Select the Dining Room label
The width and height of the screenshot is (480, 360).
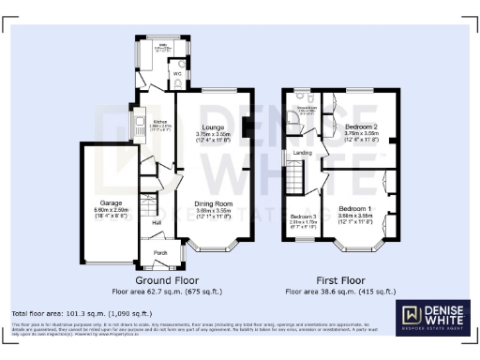pyautogui.click(x=213, y=203)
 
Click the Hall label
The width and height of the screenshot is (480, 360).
pyautogui.click(x=157, y=222)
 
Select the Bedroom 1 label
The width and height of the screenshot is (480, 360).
pyautogui.click(x=354, y=208)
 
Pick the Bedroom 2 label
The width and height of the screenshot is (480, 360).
pyautogui.click(x=360, y=127)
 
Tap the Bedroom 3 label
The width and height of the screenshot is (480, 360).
pyautogui.click(x=302, y=217)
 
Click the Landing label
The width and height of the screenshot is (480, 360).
pyautogui.click(x=303, y=154)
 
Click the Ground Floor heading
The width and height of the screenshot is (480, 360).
pyautogui.click(x=165, y=279)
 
